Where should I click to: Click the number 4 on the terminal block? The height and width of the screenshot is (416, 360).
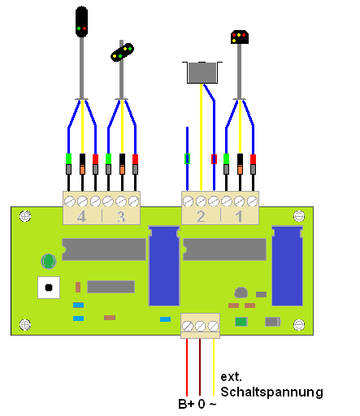pyautogui.click(x=81, y=216)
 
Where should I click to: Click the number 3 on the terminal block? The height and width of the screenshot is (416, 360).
pyautogui.click(x=121, y=216)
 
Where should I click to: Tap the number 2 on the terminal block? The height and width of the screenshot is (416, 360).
pyautogui.click(x=201, y=216)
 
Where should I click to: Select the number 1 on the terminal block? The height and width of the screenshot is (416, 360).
pyautogui.click(x=239, y=216)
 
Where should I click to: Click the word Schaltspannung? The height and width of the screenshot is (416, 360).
pyautogui.click(x=271, y=392)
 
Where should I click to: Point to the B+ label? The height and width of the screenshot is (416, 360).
pyautogui.click(x=186, y=404)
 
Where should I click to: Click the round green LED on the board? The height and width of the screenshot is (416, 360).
pyautogui.click(x=49, y=262)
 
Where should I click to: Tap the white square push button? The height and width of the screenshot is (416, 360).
pyautogui.click(x=49, y=288)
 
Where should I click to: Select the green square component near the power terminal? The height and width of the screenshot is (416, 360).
pyautogui.click(x=241, y=322)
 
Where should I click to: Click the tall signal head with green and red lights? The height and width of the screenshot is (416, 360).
pyautogui.click(x=81, y=22)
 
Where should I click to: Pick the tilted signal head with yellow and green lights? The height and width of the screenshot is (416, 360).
pyautogui.click(x=123, y=52)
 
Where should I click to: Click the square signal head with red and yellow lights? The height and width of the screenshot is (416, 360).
pyautogui.click(x=240, y=37)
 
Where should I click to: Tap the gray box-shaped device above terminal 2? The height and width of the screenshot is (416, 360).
pyautogui.click(x=202, y=72)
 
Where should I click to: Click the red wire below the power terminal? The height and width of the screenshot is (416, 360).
pyautogui.click(x=187, y=367)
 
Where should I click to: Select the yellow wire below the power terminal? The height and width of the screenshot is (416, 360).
pyautogui.click(x=214, y=367)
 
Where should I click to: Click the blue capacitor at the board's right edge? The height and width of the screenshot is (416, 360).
pyautogui.click(x=287, y=266)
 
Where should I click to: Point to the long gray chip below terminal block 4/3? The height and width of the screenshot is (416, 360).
pyautogui.click(x=104, y=249)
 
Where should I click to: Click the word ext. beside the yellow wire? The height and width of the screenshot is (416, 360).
pyautogui.click(x=231, y=377)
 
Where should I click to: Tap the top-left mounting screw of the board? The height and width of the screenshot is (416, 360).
pyautogui.click(x=25, y=216)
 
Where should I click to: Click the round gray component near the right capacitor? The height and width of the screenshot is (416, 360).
pyautogui.click(x=241, y=292)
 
